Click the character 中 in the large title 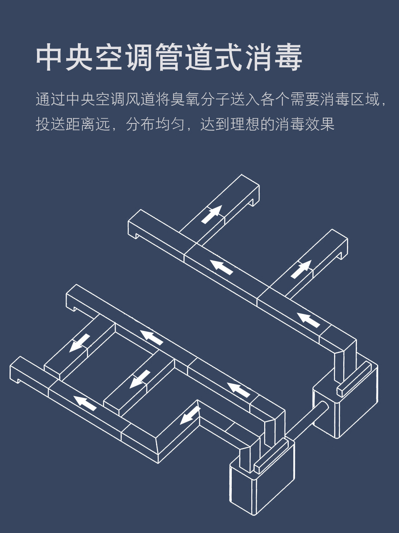point(50,57)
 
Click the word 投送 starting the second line point(51,124)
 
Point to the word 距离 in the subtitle point(81,124)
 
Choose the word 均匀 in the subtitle point(170,124)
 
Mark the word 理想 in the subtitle point(245,124)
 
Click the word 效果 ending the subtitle point(320,124)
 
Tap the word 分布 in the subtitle point(141,124)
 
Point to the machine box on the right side point(345,398)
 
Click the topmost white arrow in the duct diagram point(212,215)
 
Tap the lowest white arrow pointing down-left point(190,416)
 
